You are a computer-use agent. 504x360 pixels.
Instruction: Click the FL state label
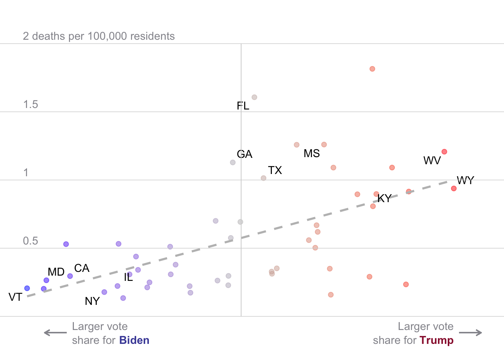[x=243, y=106]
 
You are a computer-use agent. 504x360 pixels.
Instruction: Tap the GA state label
[x=244, y=154]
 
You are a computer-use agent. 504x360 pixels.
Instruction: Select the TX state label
[x=275, y=170]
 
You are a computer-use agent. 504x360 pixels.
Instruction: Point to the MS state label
[x=312, y=153]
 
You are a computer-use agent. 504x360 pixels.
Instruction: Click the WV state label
[x=432, y=160]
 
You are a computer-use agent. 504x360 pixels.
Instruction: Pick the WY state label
[x=465, y=180]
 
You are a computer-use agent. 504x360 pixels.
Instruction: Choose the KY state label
[x=384, y=198]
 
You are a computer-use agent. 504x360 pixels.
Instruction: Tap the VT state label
[x=15, y=297]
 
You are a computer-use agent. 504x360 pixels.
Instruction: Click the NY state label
[x=92, y=301]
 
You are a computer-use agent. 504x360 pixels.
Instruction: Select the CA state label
[x=82, y=268]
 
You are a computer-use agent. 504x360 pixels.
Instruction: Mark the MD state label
[x=56, y=272]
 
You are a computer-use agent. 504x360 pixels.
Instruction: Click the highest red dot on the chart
[x=372, y=69]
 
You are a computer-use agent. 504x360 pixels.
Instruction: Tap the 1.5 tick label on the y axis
[x=30, y=105]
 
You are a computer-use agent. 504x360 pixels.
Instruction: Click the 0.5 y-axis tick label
[x=30, y=241]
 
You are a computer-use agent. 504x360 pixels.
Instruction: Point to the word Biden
[x=134, y=340]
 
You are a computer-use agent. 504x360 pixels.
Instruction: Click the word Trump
[x=436, y=340]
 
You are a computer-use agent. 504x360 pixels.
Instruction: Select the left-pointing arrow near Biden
[x=55, y=333]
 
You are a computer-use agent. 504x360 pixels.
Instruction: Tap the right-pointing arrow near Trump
[x=471, y=333]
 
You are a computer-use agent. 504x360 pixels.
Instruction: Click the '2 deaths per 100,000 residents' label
[x=99, y=36]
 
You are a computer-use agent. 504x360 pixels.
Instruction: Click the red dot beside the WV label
[x=444, y=152]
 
